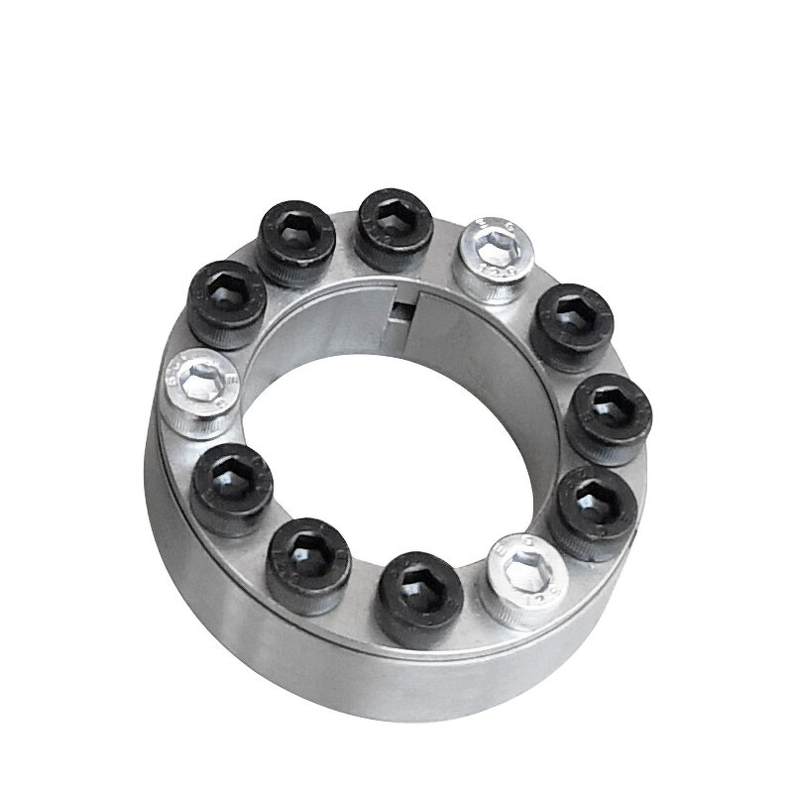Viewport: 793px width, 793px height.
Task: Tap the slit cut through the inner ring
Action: pyautogui.click(x=415, y=303)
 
